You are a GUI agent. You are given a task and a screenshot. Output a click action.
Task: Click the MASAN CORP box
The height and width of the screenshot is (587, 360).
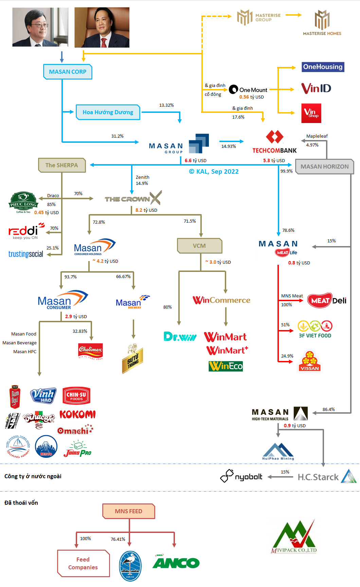[x=68, y=72]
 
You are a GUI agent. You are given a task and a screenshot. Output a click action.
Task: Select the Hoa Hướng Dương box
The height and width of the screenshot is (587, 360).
[x=108, y=112]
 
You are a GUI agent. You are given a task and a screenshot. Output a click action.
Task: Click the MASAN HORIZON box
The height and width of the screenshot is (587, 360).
[x=324, y=167]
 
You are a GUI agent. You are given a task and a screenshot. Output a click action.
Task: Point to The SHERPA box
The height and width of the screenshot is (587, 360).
[x=61, y=165]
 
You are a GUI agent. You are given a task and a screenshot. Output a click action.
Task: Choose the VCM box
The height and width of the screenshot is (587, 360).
[x=199, y=246]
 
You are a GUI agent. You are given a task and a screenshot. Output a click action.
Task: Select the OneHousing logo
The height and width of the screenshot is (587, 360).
[x=323, y=67]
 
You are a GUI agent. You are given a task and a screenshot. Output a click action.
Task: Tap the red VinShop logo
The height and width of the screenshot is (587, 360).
[x=311, y=113]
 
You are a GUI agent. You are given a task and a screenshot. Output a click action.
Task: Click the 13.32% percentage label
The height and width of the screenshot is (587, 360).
[x=166, y=105]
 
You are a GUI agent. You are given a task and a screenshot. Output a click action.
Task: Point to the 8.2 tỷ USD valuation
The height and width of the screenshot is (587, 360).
[x=146, y=210]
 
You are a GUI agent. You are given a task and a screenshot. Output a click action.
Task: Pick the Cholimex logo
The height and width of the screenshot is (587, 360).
[x=90, y=350]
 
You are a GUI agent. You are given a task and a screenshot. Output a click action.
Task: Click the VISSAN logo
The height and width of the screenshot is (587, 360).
[x=309, y=361]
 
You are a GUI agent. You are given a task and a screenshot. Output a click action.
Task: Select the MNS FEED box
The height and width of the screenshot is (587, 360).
[x=128, y=511]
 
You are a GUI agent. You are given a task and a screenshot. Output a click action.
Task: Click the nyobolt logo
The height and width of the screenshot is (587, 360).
[x=241, y=476]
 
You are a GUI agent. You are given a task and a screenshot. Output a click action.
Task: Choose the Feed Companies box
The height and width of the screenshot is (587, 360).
[x=83, y=563]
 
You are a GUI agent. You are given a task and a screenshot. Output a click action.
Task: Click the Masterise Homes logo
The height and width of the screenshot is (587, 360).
[x=322, y=23]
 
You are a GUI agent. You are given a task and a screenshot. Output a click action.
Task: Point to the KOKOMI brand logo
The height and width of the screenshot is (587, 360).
[x=77, y=414]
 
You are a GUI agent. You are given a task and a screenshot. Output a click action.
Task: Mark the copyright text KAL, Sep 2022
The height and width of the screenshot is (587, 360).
[x=214, y=172]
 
